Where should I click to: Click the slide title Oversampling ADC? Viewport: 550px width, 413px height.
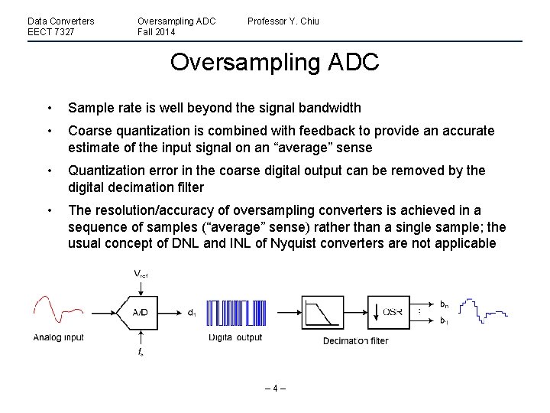274,63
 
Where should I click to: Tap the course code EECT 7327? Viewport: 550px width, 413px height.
51,32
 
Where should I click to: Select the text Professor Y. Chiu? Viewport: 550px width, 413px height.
283,21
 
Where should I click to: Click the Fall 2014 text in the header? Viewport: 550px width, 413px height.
157,32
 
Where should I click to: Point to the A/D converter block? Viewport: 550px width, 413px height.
141,312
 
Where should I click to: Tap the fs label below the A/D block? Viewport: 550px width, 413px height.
141,353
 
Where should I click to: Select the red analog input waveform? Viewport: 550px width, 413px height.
57,311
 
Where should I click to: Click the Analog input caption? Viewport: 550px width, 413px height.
58,337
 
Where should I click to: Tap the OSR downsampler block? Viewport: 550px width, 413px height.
389,312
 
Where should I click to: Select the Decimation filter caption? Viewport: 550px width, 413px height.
355,340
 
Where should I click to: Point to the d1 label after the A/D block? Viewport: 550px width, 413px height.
191,312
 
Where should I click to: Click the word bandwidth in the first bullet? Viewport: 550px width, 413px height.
324,108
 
